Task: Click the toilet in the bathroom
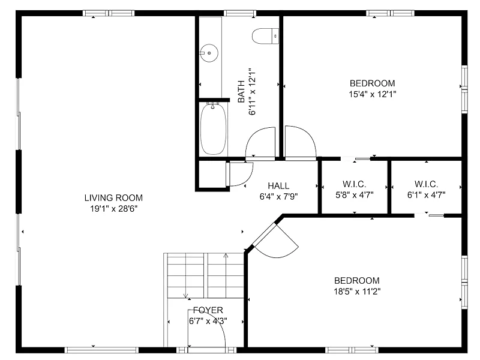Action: pyautogui.click(x=265, y=36)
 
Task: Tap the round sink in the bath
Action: pyautogui.click(x=209, y=53)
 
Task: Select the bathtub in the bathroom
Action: pyautogui.click(x=214, y=129)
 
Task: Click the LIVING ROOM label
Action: pyautogui.click(x=113, y=198)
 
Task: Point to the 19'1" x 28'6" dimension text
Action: pyautogui.click(x=113, y=209)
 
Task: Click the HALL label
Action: pyautogui.click(x=278, y=186)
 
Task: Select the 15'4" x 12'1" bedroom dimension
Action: pyautogui.click(x=372, y=94)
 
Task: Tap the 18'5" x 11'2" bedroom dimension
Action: pyautogui.click(x=357, y=292)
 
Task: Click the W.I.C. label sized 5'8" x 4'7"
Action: pyautogui.click(x=355, y=184)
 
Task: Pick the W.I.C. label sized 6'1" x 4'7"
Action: pyautogui.click(x=426, y=184)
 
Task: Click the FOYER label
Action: pyautogui.click(x=208, y=310)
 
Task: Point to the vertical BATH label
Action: pyautogui.click(x=241, y=92)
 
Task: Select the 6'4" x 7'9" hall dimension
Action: pyautogui.click(x=278, y=197)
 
